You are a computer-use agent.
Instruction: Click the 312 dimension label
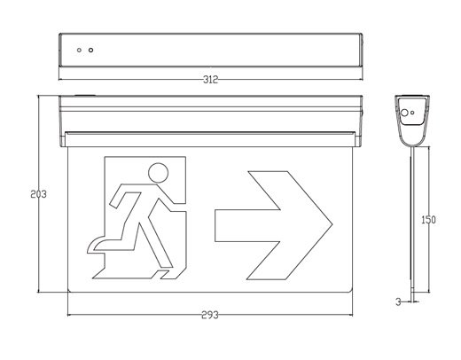[x=210, y=80]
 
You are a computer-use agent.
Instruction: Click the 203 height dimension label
[x=38, y=194]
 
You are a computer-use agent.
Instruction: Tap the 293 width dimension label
[x=210, y=315]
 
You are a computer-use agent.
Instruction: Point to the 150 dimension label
[x=428, y=220]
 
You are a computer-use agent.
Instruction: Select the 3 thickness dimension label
[x=398, y=302]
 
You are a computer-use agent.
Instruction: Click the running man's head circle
[x=158, y=173]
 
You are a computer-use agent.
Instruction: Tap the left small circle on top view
[x=79, y=50]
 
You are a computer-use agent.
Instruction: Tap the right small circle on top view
[x=91, y=50]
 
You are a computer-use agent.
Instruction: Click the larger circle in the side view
[x=404, y=113]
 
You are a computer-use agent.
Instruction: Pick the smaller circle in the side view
[x=412, y=113]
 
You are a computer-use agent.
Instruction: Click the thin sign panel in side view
[x=412, y=223]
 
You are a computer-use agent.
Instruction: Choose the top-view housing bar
[x=211, y=50]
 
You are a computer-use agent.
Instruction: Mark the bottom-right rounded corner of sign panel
[x=350, y=290]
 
